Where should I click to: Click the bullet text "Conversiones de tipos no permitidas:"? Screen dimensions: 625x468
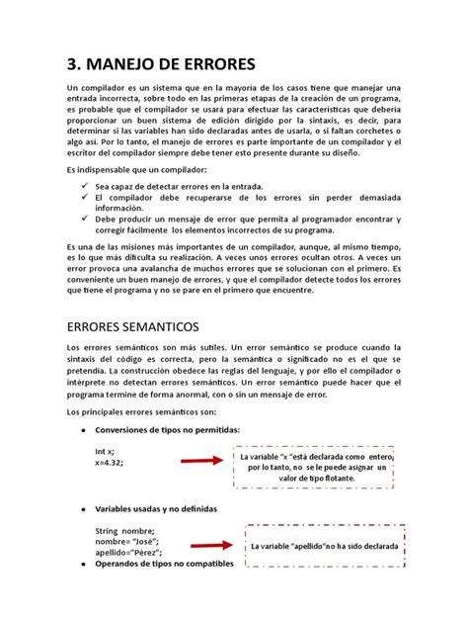click(x=167, y=428)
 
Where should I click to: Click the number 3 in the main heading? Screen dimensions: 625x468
click(x=73, y=65)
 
